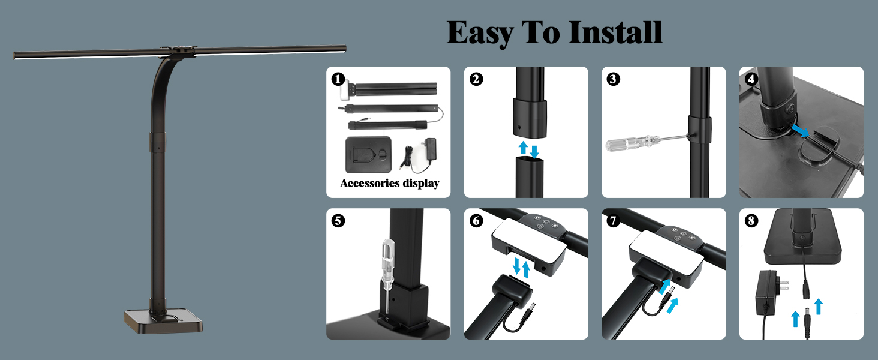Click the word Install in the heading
tap(615, 32)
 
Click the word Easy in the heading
tap(480, 34)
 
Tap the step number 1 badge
tap(338, 79)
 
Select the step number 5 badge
tap(338, 221)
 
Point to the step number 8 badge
tap(751, 221)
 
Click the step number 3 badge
tap(614, 79)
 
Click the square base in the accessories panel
tap(368, 155)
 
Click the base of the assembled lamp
tap(163, 320)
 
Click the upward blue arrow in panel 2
tap(523, 148)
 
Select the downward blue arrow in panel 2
tap(534, 152)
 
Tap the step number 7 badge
tap(614, 221)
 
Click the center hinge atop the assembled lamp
tap(178, 51)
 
